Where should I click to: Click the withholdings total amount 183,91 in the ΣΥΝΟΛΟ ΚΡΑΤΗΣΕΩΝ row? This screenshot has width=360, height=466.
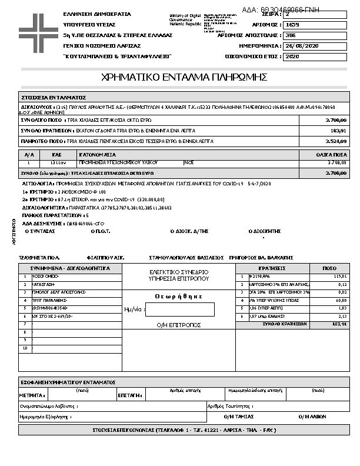click(x=339, y=131)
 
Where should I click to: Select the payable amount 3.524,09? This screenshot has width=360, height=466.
click(x=336, y=142)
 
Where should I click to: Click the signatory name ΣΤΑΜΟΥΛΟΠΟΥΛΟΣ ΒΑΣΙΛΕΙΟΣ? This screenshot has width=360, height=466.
click(x=186, y=258)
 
